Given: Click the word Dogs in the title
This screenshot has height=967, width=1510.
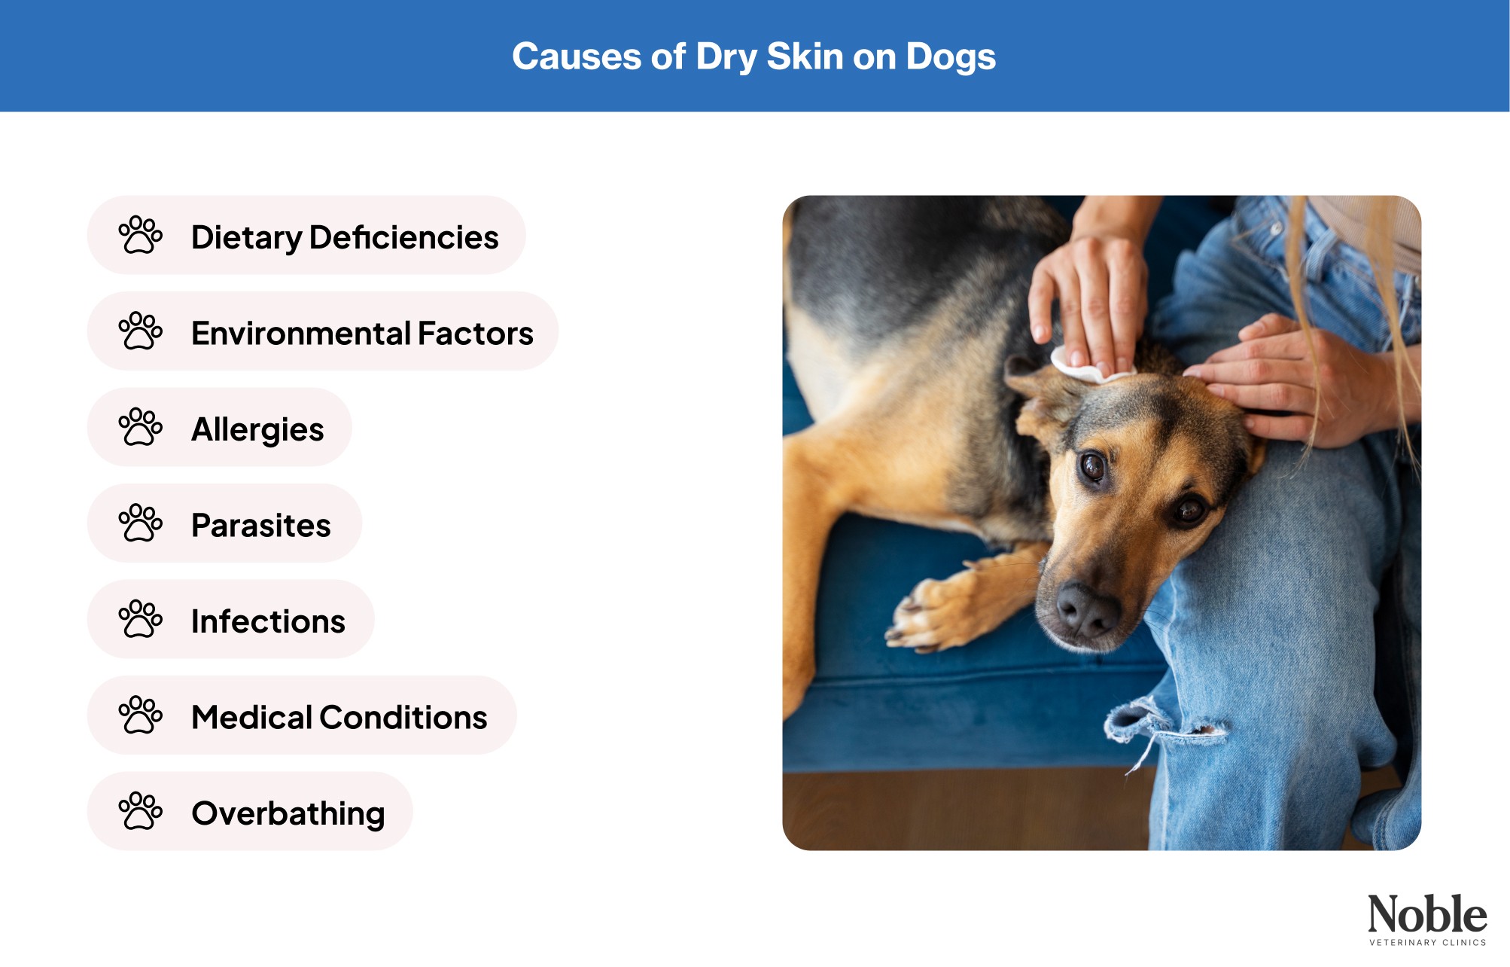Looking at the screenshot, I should click(950, 58).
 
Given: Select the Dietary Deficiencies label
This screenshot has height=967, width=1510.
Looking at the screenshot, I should click(344, 237).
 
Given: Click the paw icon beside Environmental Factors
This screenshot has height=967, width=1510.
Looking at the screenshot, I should click(140, 331).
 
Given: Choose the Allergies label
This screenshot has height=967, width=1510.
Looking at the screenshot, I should click(257, 429).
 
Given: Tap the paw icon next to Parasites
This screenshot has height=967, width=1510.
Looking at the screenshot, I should click(140, 523).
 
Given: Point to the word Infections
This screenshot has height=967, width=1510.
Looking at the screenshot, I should click(268, 621).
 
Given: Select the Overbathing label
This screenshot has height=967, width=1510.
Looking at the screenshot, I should click(288, 813).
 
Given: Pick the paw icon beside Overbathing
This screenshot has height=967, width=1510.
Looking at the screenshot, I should click(140, 811).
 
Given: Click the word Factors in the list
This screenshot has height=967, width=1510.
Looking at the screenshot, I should click(475, 333).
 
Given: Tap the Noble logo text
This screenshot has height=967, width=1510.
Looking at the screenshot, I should click(1426, 914).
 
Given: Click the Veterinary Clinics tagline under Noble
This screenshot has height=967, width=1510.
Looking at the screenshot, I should click(1427, 942).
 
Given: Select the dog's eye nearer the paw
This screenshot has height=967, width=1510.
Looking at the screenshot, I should click(1092, 467).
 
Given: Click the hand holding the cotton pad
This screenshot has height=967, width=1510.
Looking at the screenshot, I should click(1091, 301).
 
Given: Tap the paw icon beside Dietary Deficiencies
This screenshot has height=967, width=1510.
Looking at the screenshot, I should click(140, 235).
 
